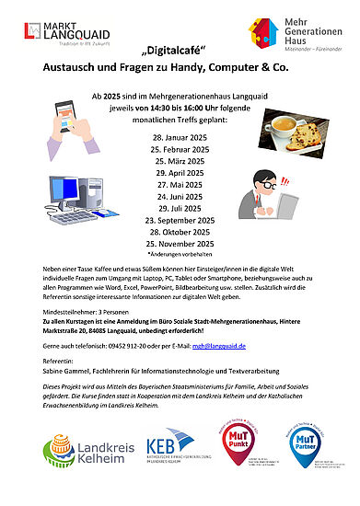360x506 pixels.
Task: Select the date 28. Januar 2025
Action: [180, 136]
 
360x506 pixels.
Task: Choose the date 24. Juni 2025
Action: [180, 196]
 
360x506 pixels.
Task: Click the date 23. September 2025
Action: [180, 221]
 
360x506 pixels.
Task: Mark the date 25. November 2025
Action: [180, 244]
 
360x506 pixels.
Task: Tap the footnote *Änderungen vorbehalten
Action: [180, 254]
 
